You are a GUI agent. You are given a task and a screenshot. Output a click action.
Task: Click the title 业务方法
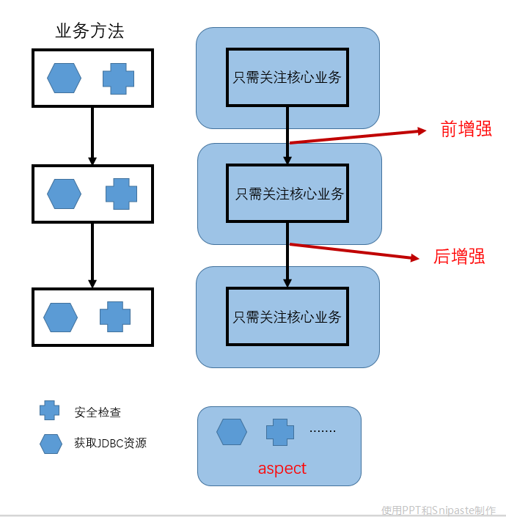pos(89,31)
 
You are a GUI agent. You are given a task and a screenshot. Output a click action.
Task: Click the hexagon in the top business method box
pos(65,78)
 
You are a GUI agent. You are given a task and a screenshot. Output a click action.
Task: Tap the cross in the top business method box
pos(118,78)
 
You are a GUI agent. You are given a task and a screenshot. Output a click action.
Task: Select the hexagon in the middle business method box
pos(65,194)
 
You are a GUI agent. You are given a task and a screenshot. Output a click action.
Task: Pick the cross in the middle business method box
pos(121,194)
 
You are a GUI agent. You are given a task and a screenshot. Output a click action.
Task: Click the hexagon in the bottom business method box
pos(60,317)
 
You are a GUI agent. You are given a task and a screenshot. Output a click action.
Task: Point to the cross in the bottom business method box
pos(115,317)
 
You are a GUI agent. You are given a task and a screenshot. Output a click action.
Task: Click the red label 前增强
pos(466,130)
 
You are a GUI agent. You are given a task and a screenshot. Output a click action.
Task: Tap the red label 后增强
pos(459,257)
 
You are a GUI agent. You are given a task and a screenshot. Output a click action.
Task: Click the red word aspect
pos(282,469)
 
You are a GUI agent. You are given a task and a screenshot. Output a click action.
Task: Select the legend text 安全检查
pos(98,413)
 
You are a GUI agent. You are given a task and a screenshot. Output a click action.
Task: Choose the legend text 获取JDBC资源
pos(110,444)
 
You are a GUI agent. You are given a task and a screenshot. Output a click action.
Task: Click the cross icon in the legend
pos(50,411)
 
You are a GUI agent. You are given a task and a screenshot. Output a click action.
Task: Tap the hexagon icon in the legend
pos(51,444)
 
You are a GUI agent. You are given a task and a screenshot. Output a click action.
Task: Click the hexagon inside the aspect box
pos(232,432)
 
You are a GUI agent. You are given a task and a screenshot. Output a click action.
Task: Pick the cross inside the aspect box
pos(279,432)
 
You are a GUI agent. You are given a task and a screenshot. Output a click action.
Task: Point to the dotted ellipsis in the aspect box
pos(322,431)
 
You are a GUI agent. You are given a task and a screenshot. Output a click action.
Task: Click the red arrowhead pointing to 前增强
pos(422,131)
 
